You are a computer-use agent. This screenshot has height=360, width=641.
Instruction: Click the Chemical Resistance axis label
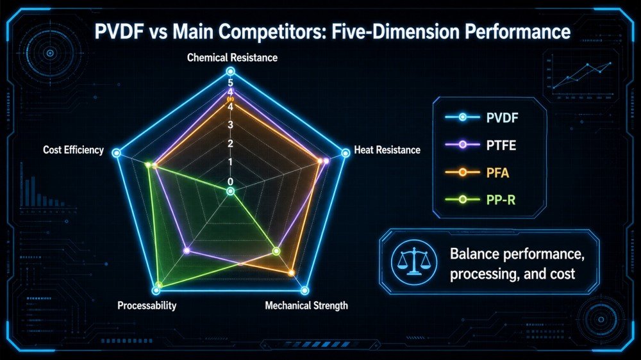click(x=232, y=58)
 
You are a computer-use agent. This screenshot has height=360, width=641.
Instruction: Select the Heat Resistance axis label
click(x=387, y=150)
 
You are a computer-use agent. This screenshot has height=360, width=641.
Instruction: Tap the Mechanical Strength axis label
click(x=306, y=306)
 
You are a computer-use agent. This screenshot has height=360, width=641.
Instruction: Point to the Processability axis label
click(x=147, y=306)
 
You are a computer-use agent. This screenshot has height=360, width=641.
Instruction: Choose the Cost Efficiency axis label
click(x=74, y=150)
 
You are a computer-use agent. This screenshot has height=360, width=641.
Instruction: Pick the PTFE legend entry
click(x=481, y=145)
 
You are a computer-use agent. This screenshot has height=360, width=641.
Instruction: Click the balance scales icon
click(x=413, y=261)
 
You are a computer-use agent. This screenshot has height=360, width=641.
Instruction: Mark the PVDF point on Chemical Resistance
click(x=231, y=72)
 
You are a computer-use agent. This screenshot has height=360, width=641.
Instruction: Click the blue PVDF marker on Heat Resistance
click(x=346, y=153)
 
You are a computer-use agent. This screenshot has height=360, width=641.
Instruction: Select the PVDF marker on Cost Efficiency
click(x=117, y=153)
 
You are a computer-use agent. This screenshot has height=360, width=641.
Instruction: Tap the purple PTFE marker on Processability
click(x=187, y=250)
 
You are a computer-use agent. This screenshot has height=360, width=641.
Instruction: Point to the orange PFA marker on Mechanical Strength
click(x=292, y=272)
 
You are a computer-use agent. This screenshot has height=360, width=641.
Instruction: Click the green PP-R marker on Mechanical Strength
click(x=276, y=251)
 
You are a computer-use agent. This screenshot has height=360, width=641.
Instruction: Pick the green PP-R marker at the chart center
click(x=231, y=192)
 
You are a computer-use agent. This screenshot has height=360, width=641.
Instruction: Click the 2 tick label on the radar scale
click(x=231, y=143)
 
